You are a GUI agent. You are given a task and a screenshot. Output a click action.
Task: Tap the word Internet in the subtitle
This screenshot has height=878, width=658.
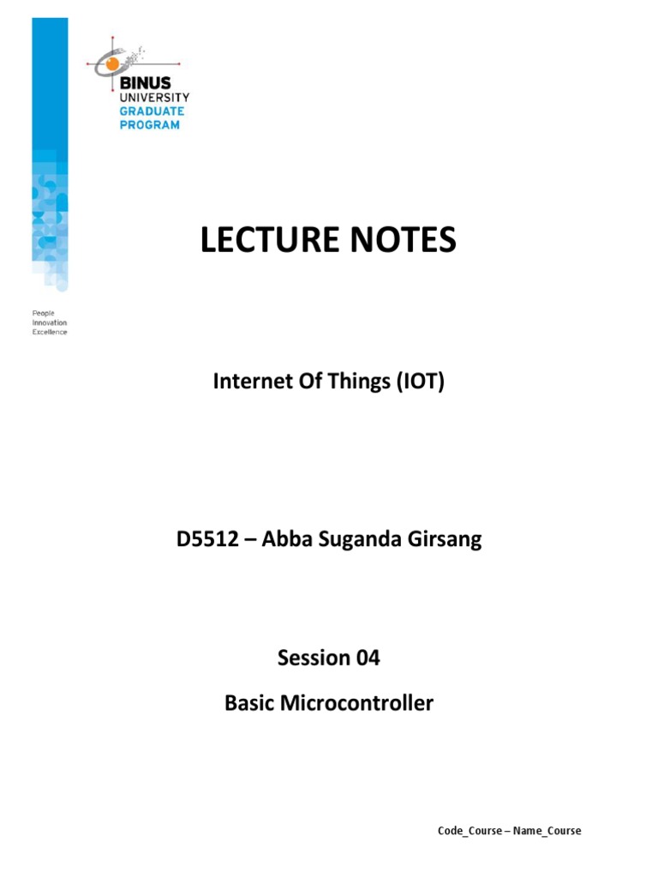coord(248,382)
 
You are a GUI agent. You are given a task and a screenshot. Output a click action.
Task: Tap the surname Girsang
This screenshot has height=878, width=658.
coord(445,541)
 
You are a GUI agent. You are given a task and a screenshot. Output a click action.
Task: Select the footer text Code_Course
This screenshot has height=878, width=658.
coord(469,831)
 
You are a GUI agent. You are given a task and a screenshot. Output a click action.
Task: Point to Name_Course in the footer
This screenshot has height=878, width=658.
coord(547,831)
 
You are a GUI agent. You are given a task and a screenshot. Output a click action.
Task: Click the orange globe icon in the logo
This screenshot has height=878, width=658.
coord(111,62)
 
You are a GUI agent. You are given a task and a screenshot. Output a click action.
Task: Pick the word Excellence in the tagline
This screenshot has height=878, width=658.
coord(50,332)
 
